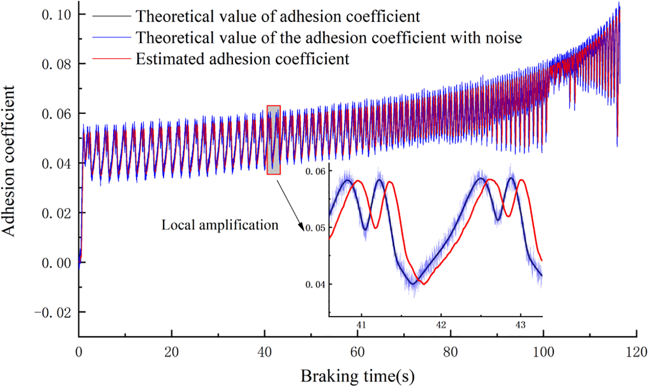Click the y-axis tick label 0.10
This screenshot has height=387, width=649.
point(56,15)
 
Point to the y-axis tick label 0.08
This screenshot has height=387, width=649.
point(56,64)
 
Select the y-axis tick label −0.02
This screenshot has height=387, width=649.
point(53,312)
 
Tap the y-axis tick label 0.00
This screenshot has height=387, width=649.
point(56,263)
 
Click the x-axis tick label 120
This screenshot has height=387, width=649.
point(636,351)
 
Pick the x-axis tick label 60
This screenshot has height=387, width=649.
point(357,351)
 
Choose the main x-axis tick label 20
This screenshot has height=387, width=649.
point(172,351)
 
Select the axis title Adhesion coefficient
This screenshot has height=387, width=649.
point(9,160)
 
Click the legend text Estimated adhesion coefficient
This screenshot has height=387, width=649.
point(242,59)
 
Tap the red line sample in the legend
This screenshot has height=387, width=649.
point(111,59)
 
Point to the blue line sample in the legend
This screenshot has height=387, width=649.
point(111,38)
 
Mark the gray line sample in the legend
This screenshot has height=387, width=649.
point(111,16)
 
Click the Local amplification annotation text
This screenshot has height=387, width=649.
point(220,225)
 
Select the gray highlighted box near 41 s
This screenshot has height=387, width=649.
point(273,140)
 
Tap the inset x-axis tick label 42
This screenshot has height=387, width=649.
point(441,325)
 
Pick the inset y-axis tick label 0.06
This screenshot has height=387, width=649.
point(315,172)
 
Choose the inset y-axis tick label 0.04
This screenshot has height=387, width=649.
point(315,285)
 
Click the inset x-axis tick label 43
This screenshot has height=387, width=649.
point(520,325)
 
